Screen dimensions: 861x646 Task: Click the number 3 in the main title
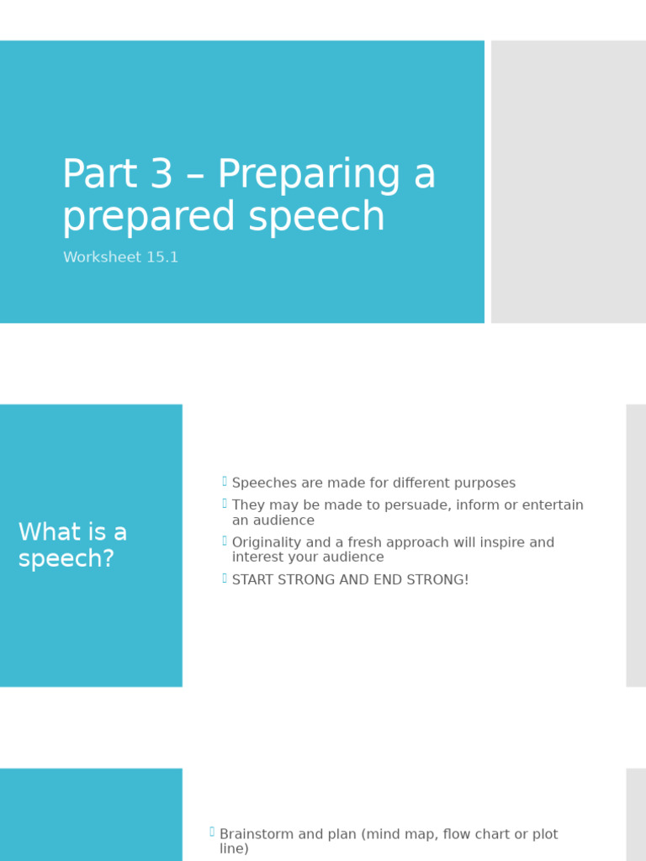coord(160,175)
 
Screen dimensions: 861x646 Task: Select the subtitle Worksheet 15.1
coord(120,257)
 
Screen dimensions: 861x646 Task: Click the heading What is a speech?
coord(72,545)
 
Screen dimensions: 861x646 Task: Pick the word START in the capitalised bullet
coord(255,580)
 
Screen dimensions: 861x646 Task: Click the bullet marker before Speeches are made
coord(225,481)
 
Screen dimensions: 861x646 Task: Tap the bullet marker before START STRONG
coord(225,578)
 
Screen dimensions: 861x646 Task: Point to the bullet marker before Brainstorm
coord(212,832)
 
